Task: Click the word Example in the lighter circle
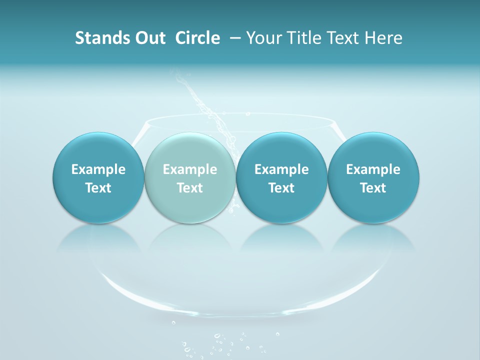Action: coord(190,169)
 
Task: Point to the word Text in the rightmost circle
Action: coord(373,188)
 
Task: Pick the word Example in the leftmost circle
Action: coord(98,169)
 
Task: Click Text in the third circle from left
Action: coord(281,188)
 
